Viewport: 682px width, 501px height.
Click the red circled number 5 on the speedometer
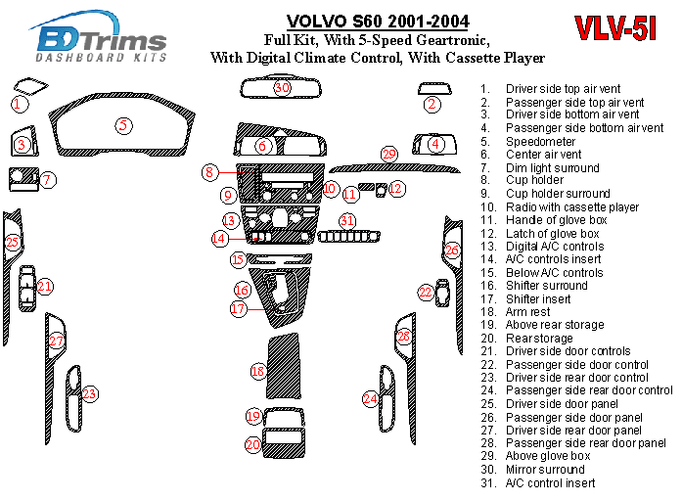pyautogui.click(x=122, y=125)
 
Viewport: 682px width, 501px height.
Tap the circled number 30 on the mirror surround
pyautogui.click(x=282, y=88)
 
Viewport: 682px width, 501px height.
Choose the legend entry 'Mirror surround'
pyautogui.click(x=545, y=470)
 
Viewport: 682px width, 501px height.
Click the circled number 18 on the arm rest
pyautogui.click(x=257, y=372)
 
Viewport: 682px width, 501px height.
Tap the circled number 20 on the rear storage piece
pyautogui.click(x=252, y=445)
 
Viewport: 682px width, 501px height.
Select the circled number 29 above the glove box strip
pyautogui.click(x=388, y=155)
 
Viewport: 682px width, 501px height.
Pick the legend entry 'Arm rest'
pyautogui.click(x=528, y=312)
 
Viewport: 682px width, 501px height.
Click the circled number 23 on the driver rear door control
pyautogui.click(x=89, y=394)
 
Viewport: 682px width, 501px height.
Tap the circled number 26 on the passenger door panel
pyautogui.click(x=451, y=250)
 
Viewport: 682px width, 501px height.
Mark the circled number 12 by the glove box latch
pyautogui.click(x=395, y=188)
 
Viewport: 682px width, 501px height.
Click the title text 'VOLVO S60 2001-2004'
pyautogui.click(x=377, y=22)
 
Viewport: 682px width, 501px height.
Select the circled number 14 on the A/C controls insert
pyautogui.click(x=220, y=238)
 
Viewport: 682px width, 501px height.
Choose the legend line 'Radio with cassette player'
pyautogui.click(x=571, y=207)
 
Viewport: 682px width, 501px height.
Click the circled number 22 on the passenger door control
pyautogui.click(x=426, y=292)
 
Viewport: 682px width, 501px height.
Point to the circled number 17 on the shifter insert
pyautogui.click(x=239, y=308)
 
